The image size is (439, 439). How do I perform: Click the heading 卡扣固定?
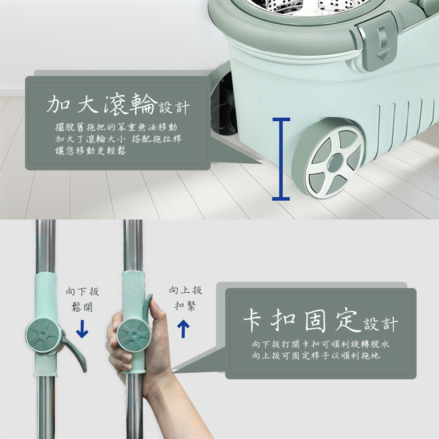[302, 320]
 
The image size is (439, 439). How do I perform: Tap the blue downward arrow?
[82, 329]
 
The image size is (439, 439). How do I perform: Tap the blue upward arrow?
[183, 329]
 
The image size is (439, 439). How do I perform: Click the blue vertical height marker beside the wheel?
[281, 159]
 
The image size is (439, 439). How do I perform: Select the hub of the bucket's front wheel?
[335, 163]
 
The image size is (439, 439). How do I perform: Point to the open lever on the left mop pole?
[74, 350]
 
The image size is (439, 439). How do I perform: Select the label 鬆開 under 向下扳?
[82, 307]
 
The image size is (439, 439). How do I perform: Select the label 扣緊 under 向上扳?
[185, 305]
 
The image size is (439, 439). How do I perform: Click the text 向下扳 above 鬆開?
[82, 291]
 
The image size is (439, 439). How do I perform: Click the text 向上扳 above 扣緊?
[185, 290]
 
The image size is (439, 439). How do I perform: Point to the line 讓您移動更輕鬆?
[91, 150]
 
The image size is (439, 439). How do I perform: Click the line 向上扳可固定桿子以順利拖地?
[316, 356]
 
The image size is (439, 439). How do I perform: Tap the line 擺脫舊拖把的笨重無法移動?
[116, 127]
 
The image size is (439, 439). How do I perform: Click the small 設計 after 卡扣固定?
[381, 324]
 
